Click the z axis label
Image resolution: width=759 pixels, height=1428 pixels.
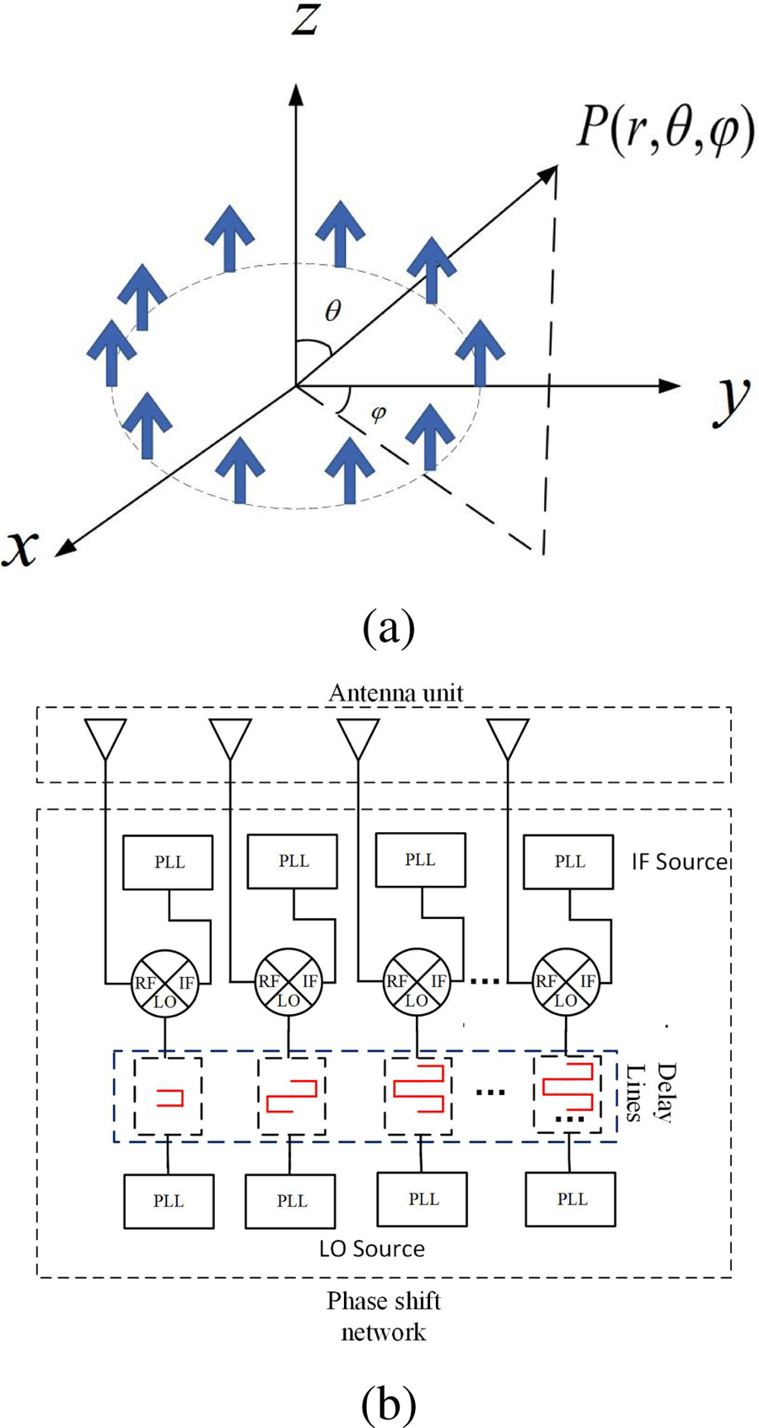pos(305,19)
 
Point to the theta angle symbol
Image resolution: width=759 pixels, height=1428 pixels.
pos(333,311)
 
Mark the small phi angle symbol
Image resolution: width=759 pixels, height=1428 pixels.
pos(379,414)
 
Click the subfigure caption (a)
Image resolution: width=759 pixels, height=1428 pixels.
pos(388,628)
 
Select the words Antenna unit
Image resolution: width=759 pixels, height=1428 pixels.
pos(396,693)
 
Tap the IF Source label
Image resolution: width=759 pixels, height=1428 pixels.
pos(679,862)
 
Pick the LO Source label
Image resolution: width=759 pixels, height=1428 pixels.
pos(372,1248)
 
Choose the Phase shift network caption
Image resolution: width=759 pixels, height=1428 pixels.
pos(384,1316)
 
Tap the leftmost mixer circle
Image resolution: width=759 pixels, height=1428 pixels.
pos(164,984)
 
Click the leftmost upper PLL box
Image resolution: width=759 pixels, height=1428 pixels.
pos(168,862)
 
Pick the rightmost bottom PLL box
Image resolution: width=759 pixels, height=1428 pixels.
pos(570,1199)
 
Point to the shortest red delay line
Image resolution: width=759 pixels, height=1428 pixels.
pos(170,1097)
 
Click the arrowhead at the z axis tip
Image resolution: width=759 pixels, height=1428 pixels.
pos(296,92)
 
